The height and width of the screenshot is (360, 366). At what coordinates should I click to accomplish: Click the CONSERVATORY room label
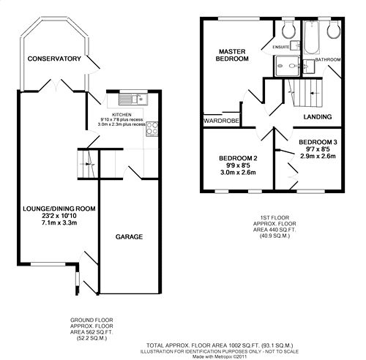coord(54,59)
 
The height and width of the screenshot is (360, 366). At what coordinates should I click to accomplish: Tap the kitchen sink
coord(133,100)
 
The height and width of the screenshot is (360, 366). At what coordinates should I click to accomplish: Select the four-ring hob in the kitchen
coord(152,129)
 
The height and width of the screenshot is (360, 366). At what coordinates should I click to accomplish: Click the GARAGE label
coord(129,237)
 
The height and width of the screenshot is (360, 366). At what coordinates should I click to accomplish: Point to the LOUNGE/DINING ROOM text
coord(59,209)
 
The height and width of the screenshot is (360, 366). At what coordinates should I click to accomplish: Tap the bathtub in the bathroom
coord(312,37)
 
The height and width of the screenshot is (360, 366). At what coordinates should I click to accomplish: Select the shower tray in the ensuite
coord(287,66)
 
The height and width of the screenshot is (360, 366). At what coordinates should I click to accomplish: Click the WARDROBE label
coord(221,121)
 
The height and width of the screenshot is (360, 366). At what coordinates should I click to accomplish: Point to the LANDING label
coord(318,117)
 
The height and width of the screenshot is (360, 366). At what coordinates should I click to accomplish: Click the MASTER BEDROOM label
coord(232,55)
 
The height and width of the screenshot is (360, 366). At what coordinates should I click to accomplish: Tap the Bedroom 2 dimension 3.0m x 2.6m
coord(238,173)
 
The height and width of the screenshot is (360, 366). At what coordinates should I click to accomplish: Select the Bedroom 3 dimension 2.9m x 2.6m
coord(318,156)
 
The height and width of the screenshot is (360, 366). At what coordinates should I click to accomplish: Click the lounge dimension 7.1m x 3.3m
coord(59,222)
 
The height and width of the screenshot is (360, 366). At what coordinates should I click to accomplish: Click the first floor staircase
coord(305,93)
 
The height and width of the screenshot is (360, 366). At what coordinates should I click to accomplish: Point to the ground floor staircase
coord(87,164)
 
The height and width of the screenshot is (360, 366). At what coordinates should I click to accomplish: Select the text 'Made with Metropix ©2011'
coord(220,356)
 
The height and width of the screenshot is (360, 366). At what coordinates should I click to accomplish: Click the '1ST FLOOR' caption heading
coord(274,217)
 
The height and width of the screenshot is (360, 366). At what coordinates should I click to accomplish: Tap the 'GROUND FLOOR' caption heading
coord(91,320)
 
